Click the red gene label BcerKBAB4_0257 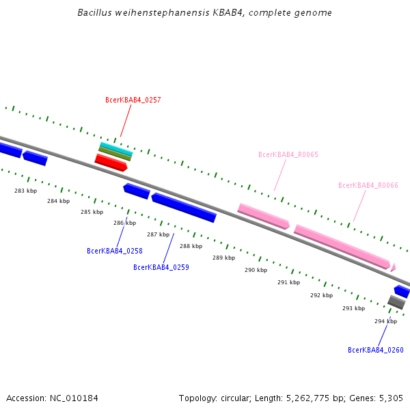[x=133, y=100]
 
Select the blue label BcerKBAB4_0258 [x=115, y=251]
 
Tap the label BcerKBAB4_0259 [x=161, y=267]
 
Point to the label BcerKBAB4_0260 [x=376, y=350]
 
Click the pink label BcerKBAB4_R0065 [x=288, y=154]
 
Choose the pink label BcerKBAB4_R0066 [x=368, y=185]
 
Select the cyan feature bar [x=115, y=148]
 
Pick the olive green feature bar [x=115, y=154]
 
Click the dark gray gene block [x=396, y=301]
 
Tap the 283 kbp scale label [x=26, y=191]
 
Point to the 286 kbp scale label [x=124, y=223]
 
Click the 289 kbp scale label [x=223, y=258]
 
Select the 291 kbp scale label [x=288, y=282]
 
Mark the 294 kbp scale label [x=385, y=321]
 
